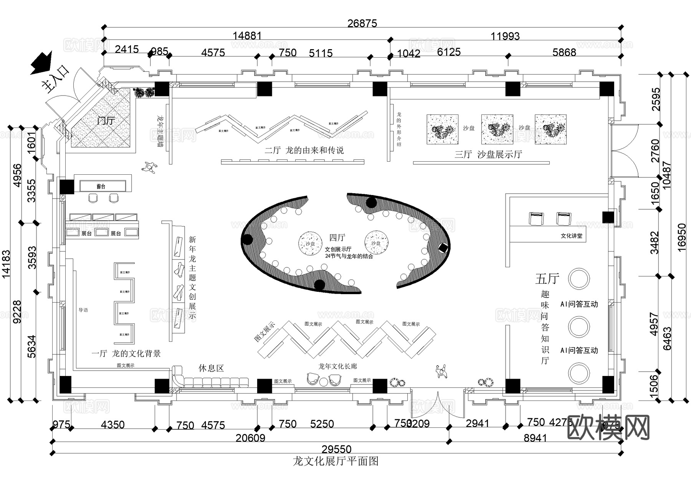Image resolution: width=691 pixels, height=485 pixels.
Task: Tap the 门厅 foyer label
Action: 106,121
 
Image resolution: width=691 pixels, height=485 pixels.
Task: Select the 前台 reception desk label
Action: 101,187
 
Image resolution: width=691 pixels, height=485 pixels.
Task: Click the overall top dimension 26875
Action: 362,23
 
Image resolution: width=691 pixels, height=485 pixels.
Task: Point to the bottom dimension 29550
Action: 337,449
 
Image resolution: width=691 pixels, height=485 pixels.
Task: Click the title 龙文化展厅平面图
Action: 336,461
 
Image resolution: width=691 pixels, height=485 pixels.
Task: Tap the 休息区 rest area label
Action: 211,368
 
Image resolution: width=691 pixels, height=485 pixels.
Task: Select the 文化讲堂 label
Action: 571,236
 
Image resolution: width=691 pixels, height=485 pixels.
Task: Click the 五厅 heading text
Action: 547,278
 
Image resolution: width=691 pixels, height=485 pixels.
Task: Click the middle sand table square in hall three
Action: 497,129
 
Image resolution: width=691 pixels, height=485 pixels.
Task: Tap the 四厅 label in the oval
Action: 337,238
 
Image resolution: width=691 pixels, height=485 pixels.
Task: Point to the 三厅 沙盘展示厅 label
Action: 488,154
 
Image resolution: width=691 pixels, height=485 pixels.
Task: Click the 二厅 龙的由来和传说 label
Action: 304,150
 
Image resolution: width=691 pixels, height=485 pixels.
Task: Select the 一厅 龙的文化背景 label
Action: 126,353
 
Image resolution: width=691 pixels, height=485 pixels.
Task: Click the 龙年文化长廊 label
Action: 337,366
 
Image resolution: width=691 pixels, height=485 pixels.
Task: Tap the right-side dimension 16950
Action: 682,237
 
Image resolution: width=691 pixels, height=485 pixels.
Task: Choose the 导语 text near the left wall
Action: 83,310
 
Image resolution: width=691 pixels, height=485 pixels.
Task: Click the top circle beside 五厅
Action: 579,278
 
